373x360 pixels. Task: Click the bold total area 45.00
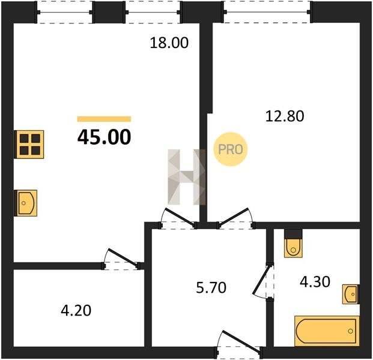pyautogui.click(x=104, y=137)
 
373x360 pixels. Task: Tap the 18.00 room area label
pyautogui.click(x=169, y=43)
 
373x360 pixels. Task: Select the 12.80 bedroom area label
pyautogui.click(x=285, y=116)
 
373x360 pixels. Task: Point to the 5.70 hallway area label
pyautogui.click(x=211, y=288)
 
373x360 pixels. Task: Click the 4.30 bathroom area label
pyautogui.click(x=315, y=282)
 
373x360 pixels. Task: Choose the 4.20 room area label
pyautogui.click(x=76, y=311)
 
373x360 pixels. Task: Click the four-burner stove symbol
pyautogui.click(x=29, y=144)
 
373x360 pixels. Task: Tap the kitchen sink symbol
pyautogui.click(x=26, y=203)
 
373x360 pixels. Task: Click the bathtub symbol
pyautogui.click(x=327, y=331)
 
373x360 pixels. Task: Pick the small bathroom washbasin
pyautogui.click(x=351, y=294)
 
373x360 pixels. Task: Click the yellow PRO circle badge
pyautogui.click(x=230, y=149)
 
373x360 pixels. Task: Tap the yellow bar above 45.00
pyautogui.click(x=104, y=119)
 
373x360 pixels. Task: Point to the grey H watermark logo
pyautogui.click(x=186, y=177)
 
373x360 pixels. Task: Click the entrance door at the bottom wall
pyautogui.click(x=239, y=344)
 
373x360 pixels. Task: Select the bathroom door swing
pyautogui.click(x=262, y=281)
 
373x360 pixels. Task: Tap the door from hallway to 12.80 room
pyautogui.click(x=235, y=218)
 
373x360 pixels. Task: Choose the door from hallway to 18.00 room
pyautogui.click(x=178, y=218)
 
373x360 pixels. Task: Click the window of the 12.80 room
pyautogui.click(x=267, y=12)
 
